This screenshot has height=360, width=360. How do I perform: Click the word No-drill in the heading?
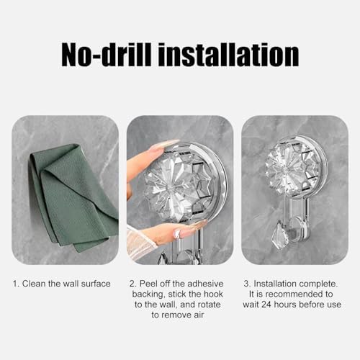(x=106, y=55)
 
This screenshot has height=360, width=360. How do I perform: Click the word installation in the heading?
(x=231, y=55)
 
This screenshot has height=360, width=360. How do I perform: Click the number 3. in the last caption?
(x=248, y=284)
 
